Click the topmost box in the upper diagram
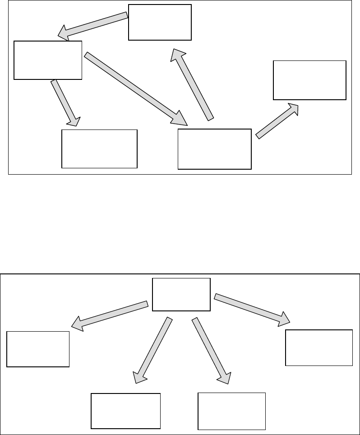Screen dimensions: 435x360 (x=160, y=22)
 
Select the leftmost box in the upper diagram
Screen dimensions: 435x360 (x=48, y=60)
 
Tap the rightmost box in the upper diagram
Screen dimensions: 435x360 (x=309, y=80)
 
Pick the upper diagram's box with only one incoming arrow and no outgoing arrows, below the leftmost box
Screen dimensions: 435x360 (x=99, y=149)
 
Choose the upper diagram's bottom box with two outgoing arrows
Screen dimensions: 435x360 (x=214, y=149)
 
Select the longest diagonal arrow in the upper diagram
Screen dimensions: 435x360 (x=135, y=88)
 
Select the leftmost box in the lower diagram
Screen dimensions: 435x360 (x=38, y=349)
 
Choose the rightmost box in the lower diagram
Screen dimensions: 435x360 (x=319, y=347)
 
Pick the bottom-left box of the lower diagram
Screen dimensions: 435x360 (x=126, y=411)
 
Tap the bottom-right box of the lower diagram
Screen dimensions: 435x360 (x=232, y=411)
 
